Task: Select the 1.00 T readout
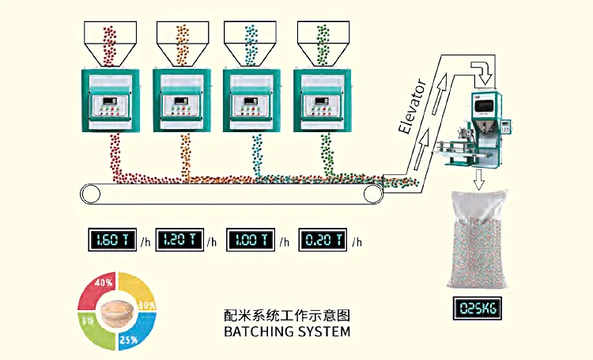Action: (x=250, y=240)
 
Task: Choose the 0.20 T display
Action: (x=322, y=240)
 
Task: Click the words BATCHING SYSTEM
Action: (x=287, y=332)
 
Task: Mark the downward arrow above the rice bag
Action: (x=479, y=181)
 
